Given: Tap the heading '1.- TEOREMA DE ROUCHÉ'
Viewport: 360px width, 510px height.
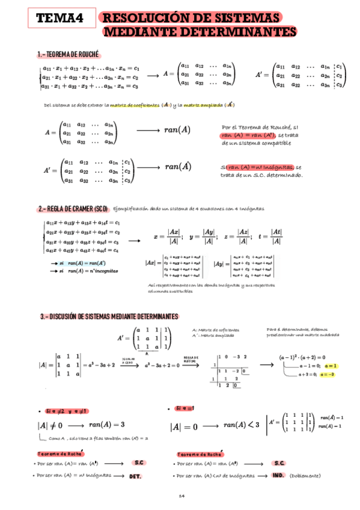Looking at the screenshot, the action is pyautogui.click(x=68, y=54).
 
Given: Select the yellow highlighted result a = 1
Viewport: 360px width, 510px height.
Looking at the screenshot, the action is pyautogui.click(x=330, y=366).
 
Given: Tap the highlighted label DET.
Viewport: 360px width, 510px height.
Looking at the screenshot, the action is pyautogui.click(x=135, y=476).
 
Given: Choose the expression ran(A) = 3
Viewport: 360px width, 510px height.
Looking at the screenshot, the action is pyautogui.click(x=106, y=425).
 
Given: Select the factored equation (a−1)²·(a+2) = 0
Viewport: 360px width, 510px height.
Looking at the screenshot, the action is pyautogui.click(x=304, y=357).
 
